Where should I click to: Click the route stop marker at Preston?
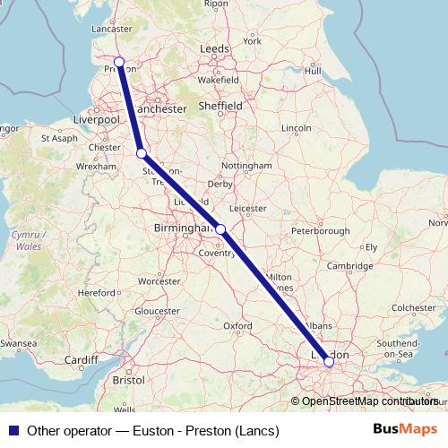pos(119,62)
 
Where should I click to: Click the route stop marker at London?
pos(329,361)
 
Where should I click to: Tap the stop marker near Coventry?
pos(220,229)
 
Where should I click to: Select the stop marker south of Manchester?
pos(142,153)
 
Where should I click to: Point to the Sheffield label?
pos(221,105)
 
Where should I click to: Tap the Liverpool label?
pos(97,118)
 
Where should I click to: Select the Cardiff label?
pos(82,360)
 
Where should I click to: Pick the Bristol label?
pos(129,380)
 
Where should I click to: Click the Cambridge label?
pos(349,266)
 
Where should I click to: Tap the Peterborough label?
pos(320,230)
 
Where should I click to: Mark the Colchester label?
pos(412,307)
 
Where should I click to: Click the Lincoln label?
pos(296,128)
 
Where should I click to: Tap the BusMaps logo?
pos(404,430)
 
